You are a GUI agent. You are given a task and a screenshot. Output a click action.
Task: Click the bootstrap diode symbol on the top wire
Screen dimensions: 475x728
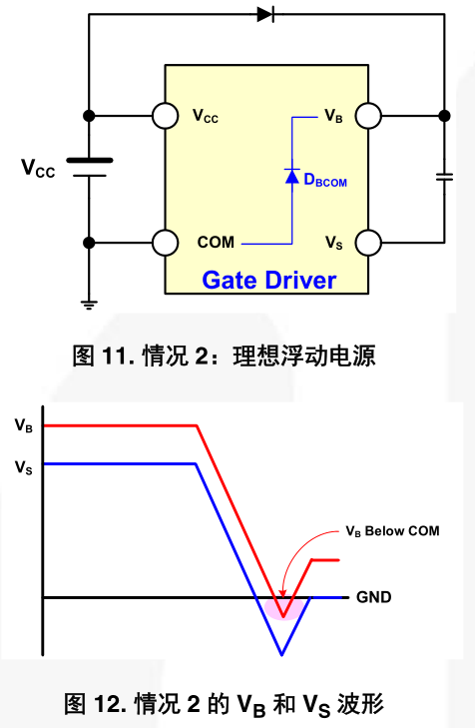point(266,14)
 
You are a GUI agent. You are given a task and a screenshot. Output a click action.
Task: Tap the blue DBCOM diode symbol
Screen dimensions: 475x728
point(291,176)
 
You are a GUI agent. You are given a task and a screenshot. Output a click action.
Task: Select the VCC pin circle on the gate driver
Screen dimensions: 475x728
point(165,116)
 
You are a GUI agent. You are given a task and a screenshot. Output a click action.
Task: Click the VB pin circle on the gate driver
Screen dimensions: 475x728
point(368,116)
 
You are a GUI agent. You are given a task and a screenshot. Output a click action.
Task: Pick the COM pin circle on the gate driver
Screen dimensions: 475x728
point(165,243)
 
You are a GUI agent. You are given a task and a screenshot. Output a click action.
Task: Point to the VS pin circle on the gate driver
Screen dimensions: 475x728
point(368,243)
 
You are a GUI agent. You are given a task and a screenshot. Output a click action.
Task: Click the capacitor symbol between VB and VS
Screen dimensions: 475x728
point(444,177)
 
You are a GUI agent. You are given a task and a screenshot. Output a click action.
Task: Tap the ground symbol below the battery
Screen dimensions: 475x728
point(89,305)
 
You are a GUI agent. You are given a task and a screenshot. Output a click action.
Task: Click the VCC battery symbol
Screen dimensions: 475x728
point(89,168)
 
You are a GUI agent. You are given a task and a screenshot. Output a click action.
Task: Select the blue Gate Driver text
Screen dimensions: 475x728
point(269,281)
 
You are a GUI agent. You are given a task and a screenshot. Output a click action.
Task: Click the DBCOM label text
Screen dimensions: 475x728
point(325,180)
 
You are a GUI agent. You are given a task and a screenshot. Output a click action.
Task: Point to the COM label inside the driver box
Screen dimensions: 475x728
point(216,243)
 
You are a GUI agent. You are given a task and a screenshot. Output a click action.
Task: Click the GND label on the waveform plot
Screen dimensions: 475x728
point(374,597)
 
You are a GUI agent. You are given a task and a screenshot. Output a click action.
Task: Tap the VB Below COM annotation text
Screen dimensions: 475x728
point(392,531)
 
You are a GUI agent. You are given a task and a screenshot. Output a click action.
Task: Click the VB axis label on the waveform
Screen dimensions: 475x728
point(24,425)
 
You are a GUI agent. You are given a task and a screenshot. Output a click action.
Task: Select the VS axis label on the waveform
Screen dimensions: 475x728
point(24,466)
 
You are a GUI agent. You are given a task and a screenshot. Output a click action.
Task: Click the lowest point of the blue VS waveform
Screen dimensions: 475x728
point(281,655)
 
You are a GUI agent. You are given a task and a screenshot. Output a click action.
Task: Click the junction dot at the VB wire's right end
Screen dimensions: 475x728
point(444,116)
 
